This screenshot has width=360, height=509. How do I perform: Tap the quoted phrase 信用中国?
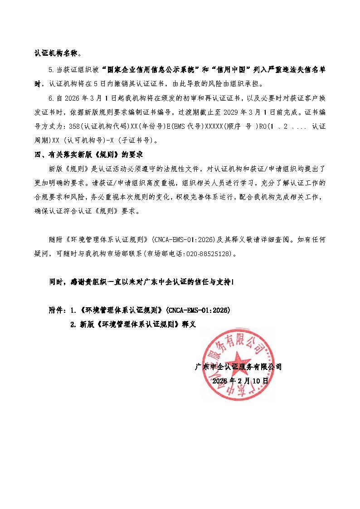point(231,70)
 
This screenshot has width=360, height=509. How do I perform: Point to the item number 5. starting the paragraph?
point(51,71)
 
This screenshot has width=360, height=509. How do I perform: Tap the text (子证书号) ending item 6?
point(139,141)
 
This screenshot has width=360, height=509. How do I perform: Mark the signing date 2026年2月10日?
point(240,381)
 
